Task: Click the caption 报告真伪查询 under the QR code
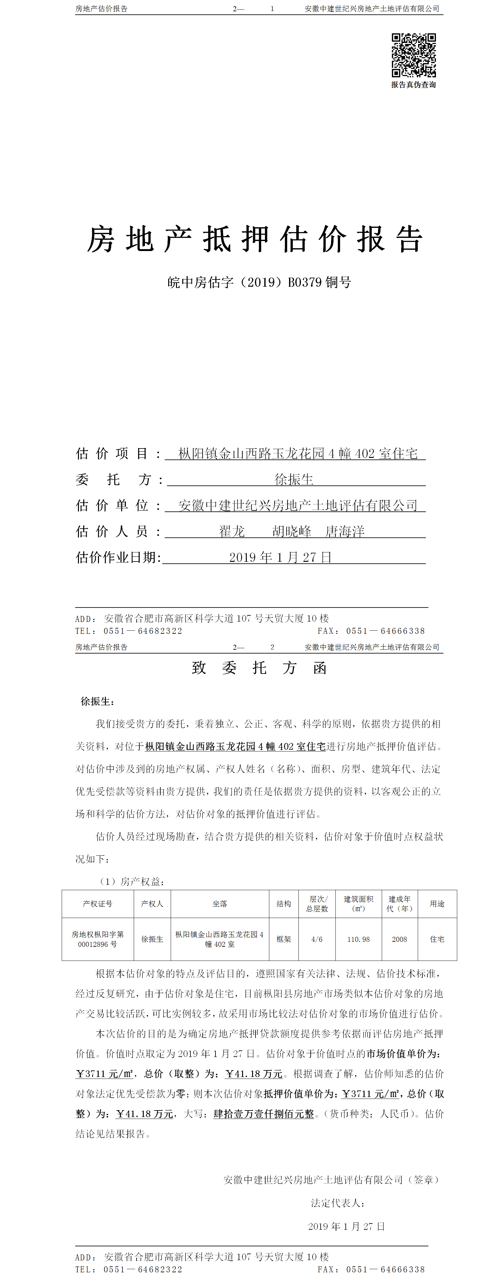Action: (414, 85)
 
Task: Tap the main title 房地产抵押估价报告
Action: (255, 239)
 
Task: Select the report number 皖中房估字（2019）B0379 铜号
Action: (259, 283)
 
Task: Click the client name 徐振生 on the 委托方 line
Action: (294, 480)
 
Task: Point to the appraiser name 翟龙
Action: (232, 531)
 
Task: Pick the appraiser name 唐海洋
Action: (345, 531)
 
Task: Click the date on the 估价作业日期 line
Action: (280, 558)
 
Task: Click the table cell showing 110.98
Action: (359, 939)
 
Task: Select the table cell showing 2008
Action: (399, 939)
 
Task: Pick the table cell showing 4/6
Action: (317, 939)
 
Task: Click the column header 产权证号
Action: (98, 904)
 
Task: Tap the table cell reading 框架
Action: (284, 939)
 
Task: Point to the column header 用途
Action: (437, 904)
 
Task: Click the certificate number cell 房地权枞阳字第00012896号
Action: (98, 939)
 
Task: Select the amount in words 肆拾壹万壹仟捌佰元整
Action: (264, 1114)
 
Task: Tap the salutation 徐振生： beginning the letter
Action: (98, 701)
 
